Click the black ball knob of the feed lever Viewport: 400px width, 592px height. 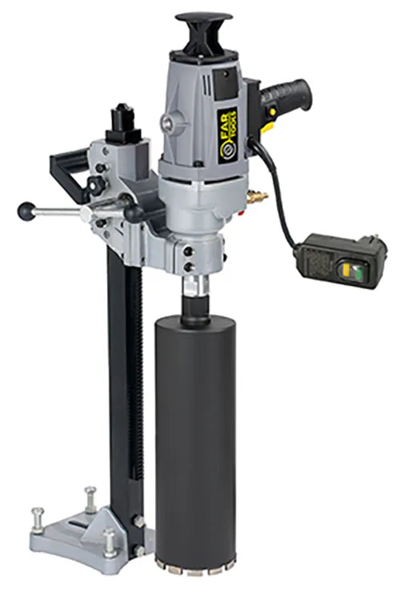click(x=26, y=211)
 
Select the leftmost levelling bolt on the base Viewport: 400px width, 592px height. click(x=38, y=516)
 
